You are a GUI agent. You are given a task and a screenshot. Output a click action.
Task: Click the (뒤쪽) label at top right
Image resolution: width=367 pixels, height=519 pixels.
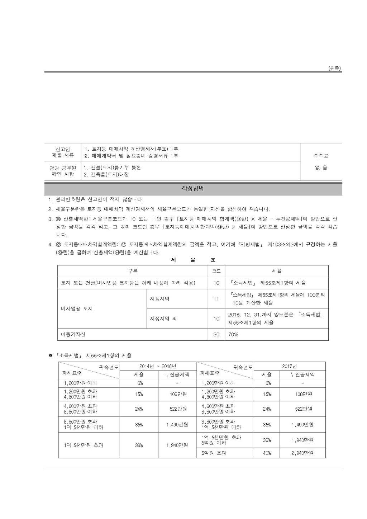tap(334, 68)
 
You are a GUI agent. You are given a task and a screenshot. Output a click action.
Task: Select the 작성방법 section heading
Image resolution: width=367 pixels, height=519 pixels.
tap(193, 189)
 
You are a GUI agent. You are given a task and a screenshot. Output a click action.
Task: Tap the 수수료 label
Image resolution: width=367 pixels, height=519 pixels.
tap(321, 156)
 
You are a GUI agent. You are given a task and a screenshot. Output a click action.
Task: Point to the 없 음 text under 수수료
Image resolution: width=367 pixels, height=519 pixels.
tap(321, 168)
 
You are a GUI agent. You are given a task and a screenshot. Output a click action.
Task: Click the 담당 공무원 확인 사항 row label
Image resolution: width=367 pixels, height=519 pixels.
tap(63, 171)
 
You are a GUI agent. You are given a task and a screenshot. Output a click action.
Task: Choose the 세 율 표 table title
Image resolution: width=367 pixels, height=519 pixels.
tap(193, 260)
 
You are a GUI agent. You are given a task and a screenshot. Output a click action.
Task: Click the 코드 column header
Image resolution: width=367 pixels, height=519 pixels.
tap(216, 271)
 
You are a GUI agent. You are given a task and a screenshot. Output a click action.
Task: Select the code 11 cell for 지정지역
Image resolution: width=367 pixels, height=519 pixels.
tap(216, 299)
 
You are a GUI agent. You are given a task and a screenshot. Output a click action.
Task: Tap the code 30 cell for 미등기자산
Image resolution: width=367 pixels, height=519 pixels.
tap(216, 334)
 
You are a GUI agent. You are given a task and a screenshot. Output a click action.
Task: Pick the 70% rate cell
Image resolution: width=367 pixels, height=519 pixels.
tap(233, 334)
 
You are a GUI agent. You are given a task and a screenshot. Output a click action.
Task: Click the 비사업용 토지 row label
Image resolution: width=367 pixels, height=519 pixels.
tap(77, 308)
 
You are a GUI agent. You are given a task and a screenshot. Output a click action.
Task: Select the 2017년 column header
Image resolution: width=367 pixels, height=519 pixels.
tap(289, 366)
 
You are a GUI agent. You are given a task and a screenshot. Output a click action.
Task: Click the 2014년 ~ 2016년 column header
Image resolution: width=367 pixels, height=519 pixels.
tap(158, 366)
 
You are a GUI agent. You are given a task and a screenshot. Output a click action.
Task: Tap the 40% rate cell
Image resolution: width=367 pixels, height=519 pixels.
tap(267, 453)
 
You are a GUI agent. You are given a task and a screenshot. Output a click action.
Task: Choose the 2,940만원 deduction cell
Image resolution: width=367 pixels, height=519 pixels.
tap(302, 453)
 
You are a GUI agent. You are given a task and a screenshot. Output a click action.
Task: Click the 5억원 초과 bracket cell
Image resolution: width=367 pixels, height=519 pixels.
tap(214, 453)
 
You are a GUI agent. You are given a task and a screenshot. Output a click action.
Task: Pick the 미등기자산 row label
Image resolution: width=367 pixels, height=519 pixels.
tap(73, 334)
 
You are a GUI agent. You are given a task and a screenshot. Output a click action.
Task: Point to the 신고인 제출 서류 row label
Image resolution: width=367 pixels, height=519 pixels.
tap(63, 152)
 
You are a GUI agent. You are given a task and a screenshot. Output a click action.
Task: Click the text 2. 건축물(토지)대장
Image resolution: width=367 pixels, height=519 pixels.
tap(106, 175)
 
